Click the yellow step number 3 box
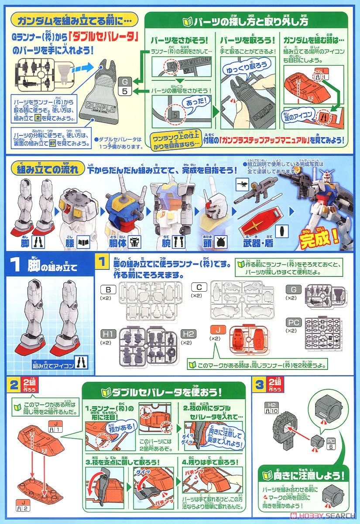(x=261, y=385)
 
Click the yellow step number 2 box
(x=15, y=385)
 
